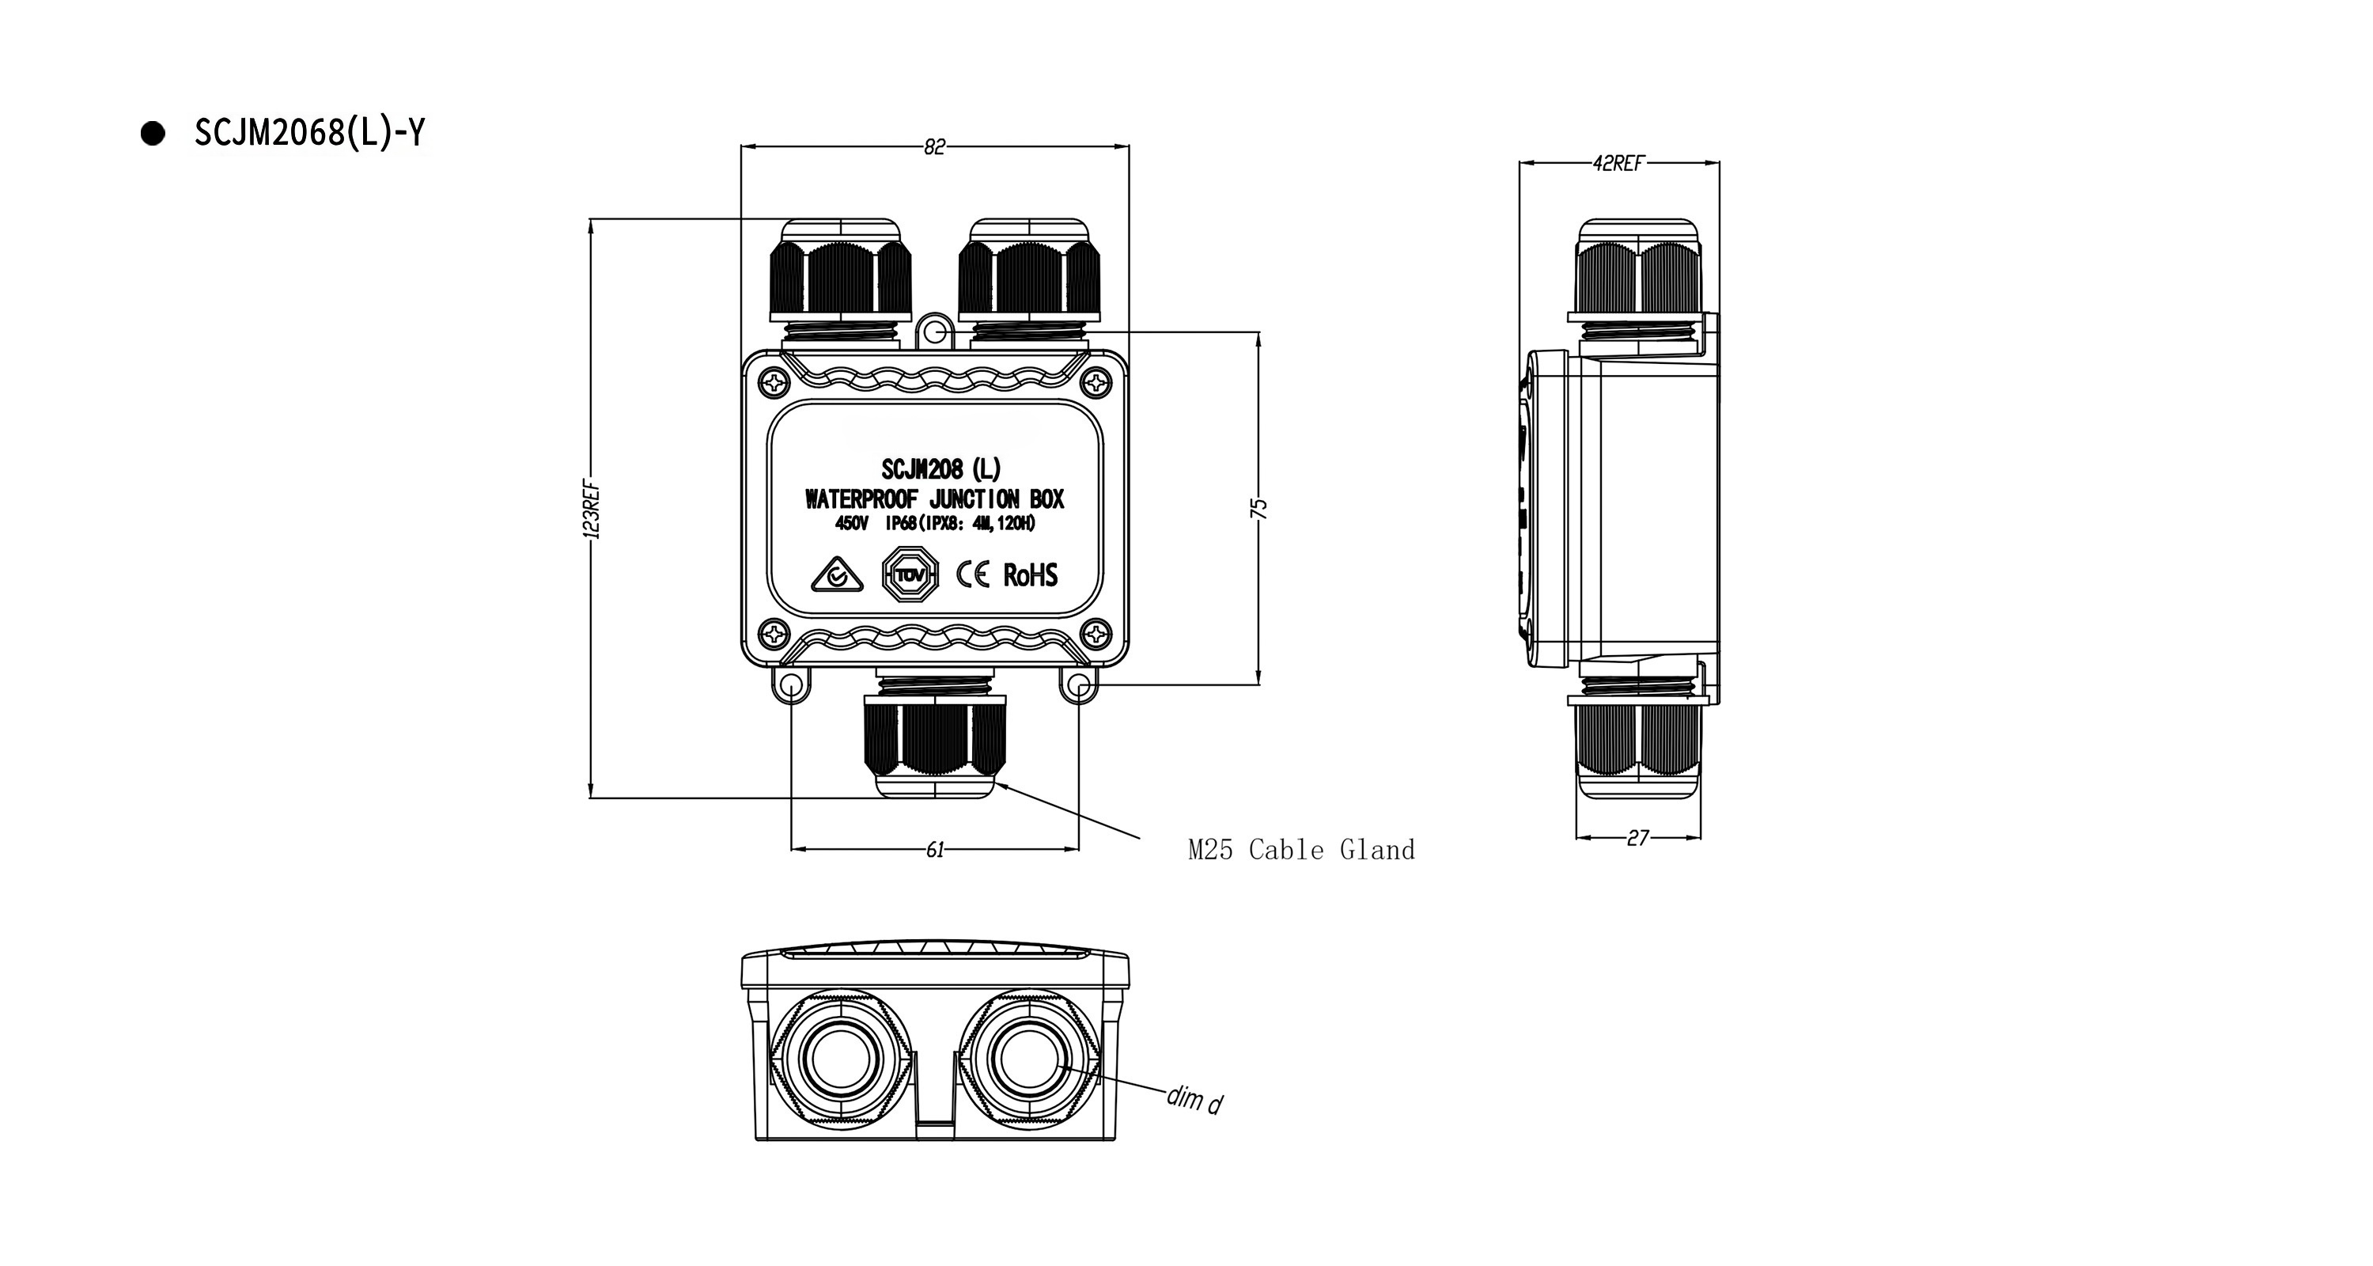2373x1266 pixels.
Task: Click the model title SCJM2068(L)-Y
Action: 309,134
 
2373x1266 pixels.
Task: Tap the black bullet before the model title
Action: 153,134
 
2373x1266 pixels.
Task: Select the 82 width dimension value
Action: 934,146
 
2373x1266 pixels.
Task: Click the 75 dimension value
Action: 1260,509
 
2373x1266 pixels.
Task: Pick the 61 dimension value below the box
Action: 934,850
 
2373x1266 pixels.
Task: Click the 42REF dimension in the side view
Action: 1618,163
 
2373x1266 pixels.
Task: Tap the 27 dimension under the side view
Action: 1637,839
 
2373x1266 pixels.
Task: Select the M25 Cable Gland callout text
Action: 1300,850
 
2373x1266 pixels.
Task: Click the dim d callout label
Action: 1194,1098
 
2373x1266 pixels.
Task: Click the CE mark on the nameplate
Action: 973,575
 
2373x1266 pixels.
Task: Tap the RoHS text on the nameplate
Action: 1030,575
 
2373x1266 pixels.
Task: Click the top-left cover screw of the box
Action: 777,380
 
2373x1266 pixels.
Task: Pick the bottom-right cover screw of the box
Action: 1096,634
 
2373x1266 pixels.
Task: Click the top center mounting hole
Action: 934,332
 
